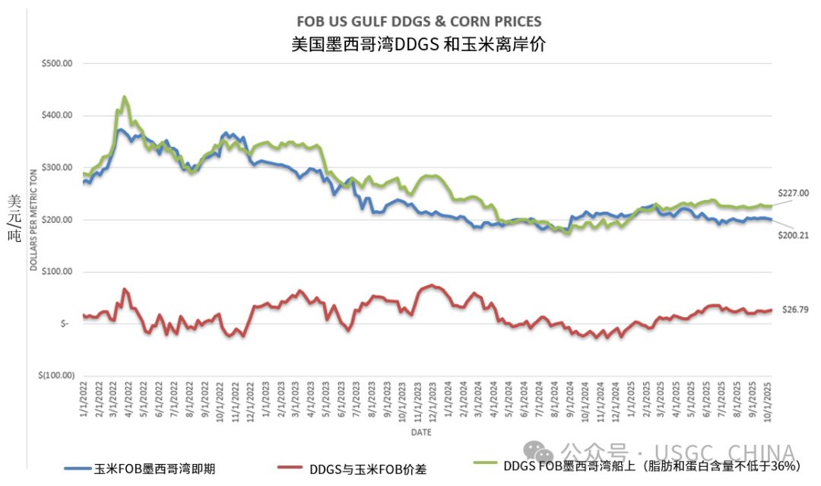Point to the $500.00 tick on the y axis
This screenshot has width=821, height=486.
57,64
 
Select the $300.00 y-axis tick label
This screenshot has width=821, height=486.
57,167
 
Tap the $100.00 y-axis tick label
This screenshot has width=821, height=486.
57,272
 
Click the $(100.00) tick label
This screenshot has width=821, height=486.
55,375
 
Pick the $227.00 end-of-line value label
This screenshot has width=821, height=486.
793,193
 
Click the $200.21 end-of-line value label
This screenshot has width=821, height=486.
793,235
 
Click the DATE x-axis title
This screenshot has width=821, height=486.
422,432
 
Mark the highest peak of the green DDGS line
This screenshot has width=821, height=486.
124,97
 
